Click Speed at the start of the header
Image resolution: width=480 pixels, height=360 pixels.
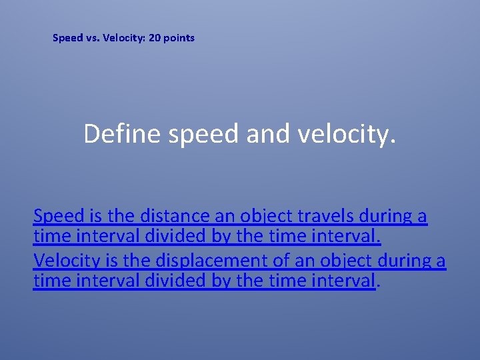click(x=67, y=38)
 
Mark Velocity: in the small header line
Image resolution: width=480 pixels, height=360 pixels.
click(x=125, y=38)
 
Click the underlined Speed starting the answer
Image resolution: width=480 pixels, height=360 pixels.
click(x=59, y=216)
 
